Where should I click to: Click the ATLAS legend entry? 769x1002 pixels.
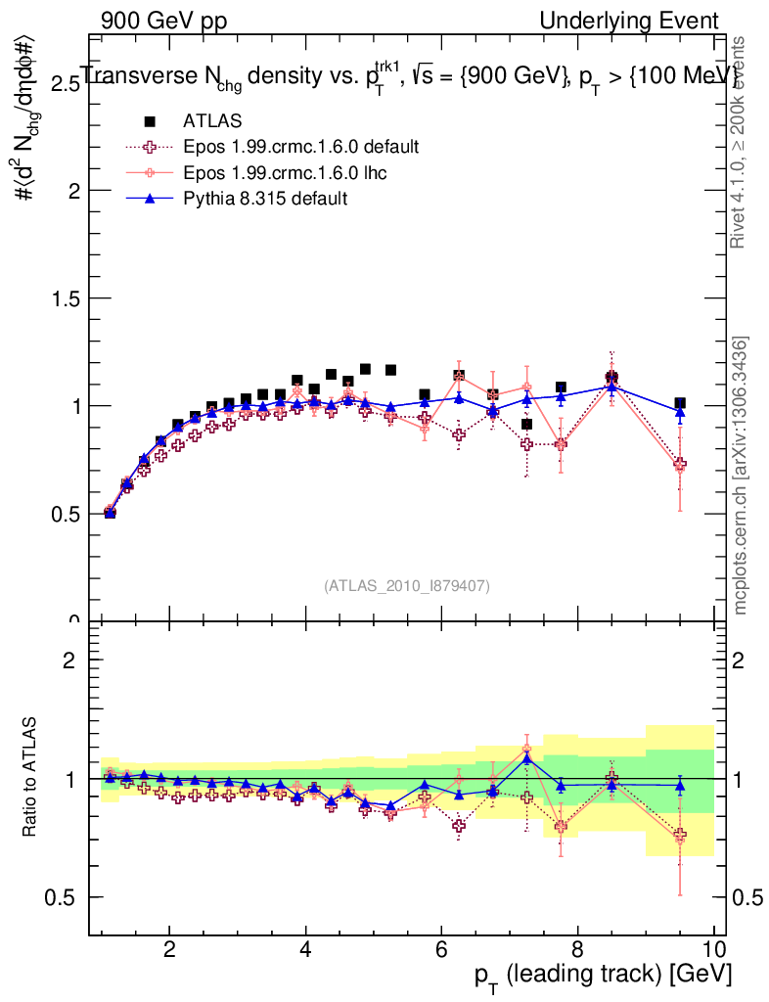[212, 121]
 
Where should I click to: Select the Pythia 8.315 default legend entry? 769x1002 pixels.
[265, 199]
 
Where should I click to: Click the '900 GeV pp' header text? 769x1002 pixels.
[161, 21]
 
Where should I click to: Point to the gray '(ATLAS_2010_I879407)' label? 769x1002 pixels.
[407, 586]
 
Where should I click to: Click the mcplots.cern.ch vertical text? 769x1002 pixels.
[742, 476]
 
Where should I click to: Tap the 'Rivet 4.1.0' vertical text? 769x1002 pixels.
[742, 142]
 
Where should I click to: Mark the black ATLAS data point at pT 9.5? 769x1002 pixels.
[680, 403]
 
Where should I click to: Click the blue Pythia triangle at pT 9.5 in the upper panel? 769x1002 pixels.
[680, 412]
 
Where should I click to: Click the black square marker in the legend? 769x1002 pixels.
[150, 121]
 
